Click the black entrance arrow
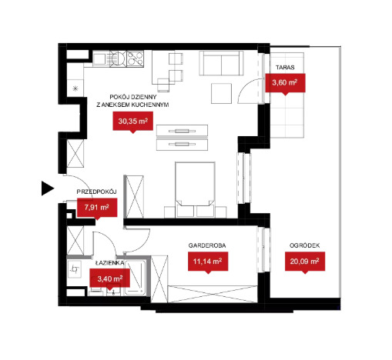48,188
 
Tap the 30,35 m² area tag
133,122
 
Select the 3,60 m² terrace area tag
285,83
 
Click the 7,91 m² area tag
97,208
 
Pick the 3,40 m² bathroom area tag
110,278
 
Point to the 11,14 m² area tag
208,262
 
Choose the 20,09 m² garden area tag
305,262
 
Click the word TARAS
285,68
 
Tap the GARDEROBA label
207,245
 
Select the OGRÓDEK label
305,245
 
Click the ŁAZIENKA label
109,263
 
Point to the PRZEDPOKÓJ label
97,192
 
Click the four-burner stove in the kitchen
135,58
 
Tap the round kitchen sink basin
119,58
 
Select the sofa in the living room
221,63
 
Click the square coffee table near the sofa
222,94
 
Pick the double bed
195,189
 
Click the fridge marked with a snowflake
75,88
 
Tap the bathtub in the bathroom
136,278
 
